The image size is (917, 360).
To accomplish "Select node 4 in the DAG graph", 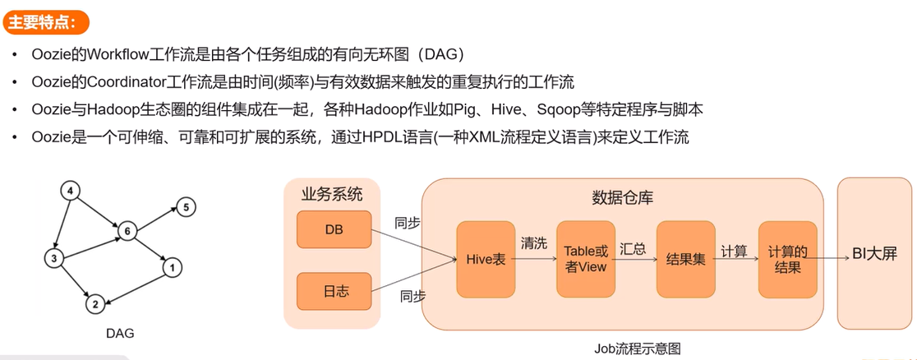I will pos(70,192).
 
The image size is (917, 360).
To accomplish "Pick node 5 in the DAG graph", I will pos(186,207).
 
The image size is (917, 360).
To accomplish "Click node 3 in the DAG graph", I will pos(53,259).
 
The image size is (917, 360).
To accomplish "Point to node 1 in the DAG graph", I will pos(171,267).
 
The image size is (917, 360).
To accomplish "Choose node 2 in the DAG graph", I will pos(95,305).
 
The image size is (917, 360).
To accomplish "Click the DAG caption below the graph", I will pos(120,334).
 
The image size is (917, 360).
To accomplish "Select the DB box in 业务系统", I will pos(333,229).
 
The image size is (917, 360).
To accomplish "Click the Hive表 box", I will pos(486,259).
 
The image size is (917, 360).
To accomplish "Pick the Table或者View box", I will pos(586,259).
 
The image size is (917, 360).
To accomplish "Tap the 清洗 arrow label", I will pos(533,243).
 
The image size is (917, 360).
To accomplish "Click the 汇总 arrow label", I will pos(634,247).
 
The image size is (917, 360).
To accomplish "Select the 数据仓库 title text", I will pos(623,197).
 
